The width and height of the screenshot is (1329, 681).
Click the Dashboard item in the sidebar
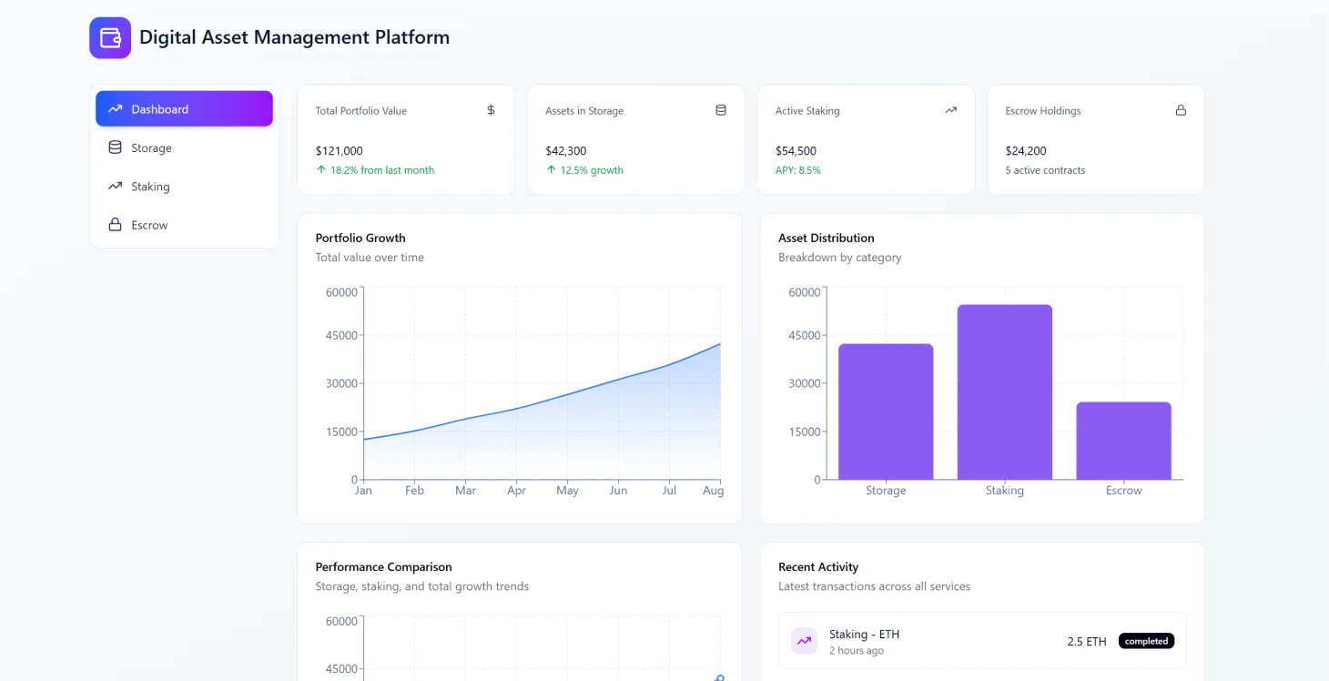184,109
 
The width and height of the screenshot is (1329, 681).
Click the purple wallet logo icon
110,38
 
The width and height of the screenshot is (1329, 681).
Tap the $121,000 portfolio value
340,151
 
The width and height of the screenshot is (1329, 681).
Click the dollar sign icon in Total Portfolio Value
491,110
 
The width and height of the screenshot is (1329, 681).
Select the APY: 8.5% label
797,170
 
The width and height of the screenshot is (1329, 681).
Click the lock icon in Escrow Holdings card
1181,110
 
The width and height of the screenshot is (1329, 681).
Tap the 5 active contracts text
1045,170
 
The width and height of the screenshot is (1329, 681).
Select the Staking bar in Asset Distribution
1004,391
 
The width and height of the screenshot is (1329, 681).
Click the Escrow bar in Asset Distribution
1123,441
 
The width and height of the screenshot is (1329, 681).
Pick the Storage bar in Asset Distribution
886,412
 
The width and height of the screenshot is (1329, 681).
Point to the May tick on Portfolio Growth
567,491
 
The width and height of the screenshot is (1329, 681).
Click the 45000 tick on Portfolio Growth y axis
341,336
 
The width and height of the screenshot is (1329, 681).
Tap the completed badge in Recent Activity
1146,641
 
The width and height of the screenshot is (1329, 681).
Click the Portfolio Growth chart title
360,238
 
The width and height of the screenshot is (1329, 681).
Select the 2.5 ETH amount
1087,642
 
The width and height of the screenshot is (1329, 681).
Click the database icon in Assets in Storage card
721,110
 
